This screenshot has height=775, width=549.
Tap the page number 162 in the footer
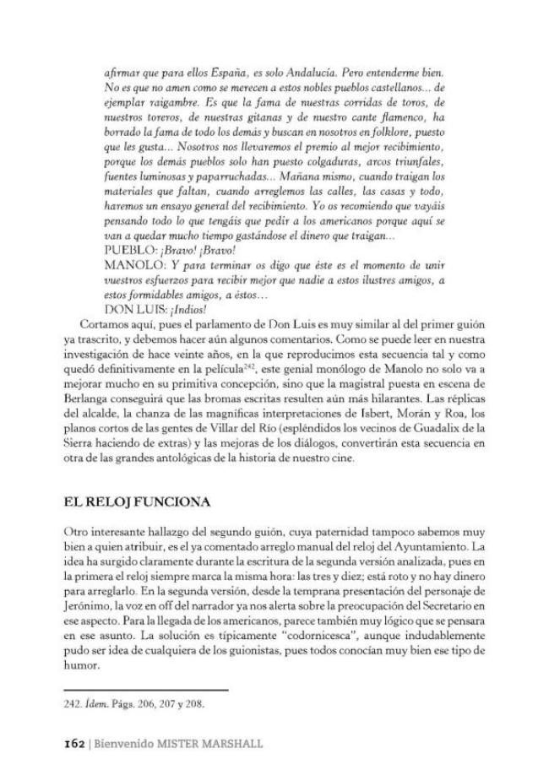(75, 744)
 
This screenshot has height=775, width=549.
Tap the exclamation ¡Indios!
(185, 309)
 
